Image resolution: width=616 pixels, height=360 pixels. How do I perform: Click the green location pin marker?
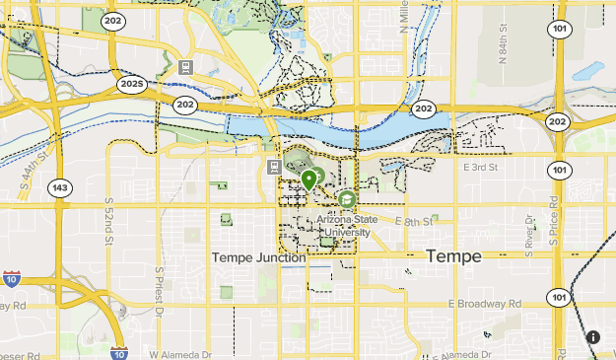pos(309,180)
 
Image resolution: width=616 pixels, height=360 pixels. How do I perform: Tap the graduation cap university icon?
pos(347,199)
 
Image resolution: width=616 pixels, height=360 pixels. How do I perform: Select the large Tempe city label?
pos(453,256)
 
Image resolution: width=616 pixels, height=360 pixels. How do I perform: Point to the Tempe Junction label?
pos(258,257)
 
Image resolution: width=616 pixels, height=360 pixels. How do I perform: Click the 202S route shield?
pos(132,85)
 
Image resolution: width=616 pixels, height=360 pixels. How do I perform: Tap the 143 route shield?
pos(61,187)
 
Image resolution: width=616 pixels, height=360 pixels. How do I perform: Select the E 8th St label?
pos(414,223)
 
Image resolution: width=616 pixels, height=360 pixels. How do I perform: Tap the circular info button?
pos(593,337)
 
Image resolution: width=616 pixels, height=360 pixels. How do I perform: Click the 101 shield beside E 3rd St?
pos(559,170)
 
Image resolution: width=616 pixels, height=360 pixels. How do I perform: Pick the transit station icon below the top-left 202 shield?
pos(184,67)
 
